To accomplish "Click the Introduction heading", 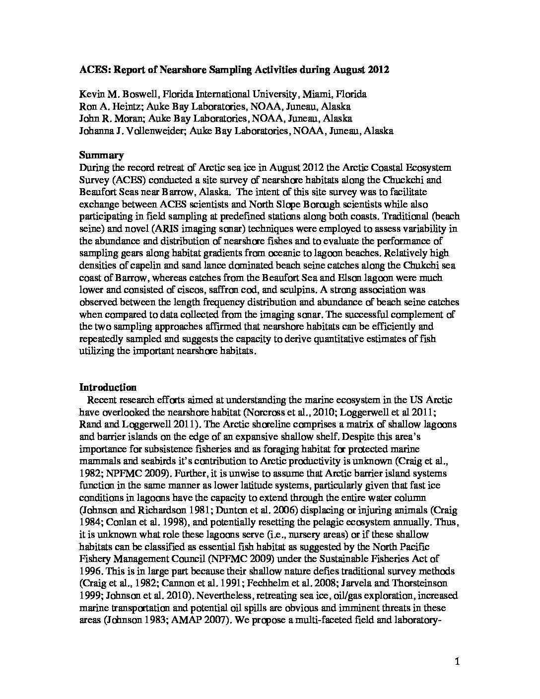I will [108, 388].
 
